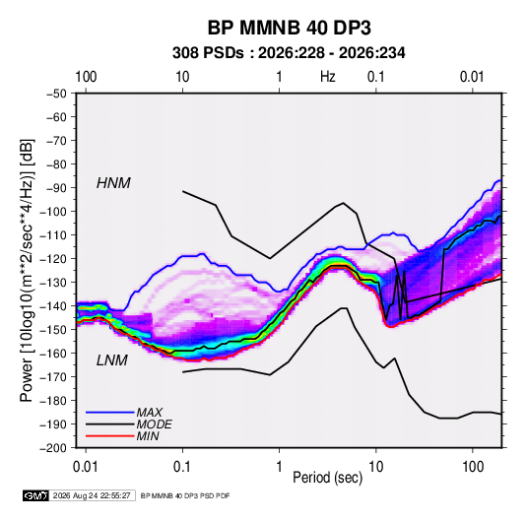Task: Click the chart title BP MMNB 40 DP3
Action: coord(289,28)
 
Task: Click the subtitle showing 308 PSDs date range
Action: coord(289,53)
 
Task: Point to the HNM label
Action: coord(113,183)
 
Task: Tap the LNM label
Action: coord(112,360)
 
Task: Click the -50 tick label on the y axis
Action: coord(57,94)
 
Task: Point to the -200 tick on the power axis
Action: coord(53,448)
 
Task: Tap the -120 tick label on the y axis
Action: coord(53,259)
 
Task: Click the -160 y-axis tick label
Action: coord(53,354)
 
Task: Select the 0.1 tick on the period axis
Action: coord(182,467)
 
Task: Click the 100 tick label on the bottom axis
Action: coord(473,467)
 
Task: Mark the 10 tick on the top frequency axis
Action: coord(182,77)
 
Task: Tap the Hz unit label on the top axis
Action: coord(328,77)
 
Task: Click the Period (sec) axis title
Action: coord(328,478)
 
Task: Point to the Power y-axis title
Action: coord(27,271)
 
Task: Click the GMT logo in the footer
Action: coord(36,495)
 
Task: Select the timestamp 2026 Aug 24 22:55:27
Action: coord(92,495)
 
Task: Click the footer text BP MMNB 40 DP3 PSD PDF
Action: coord(185,495)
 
